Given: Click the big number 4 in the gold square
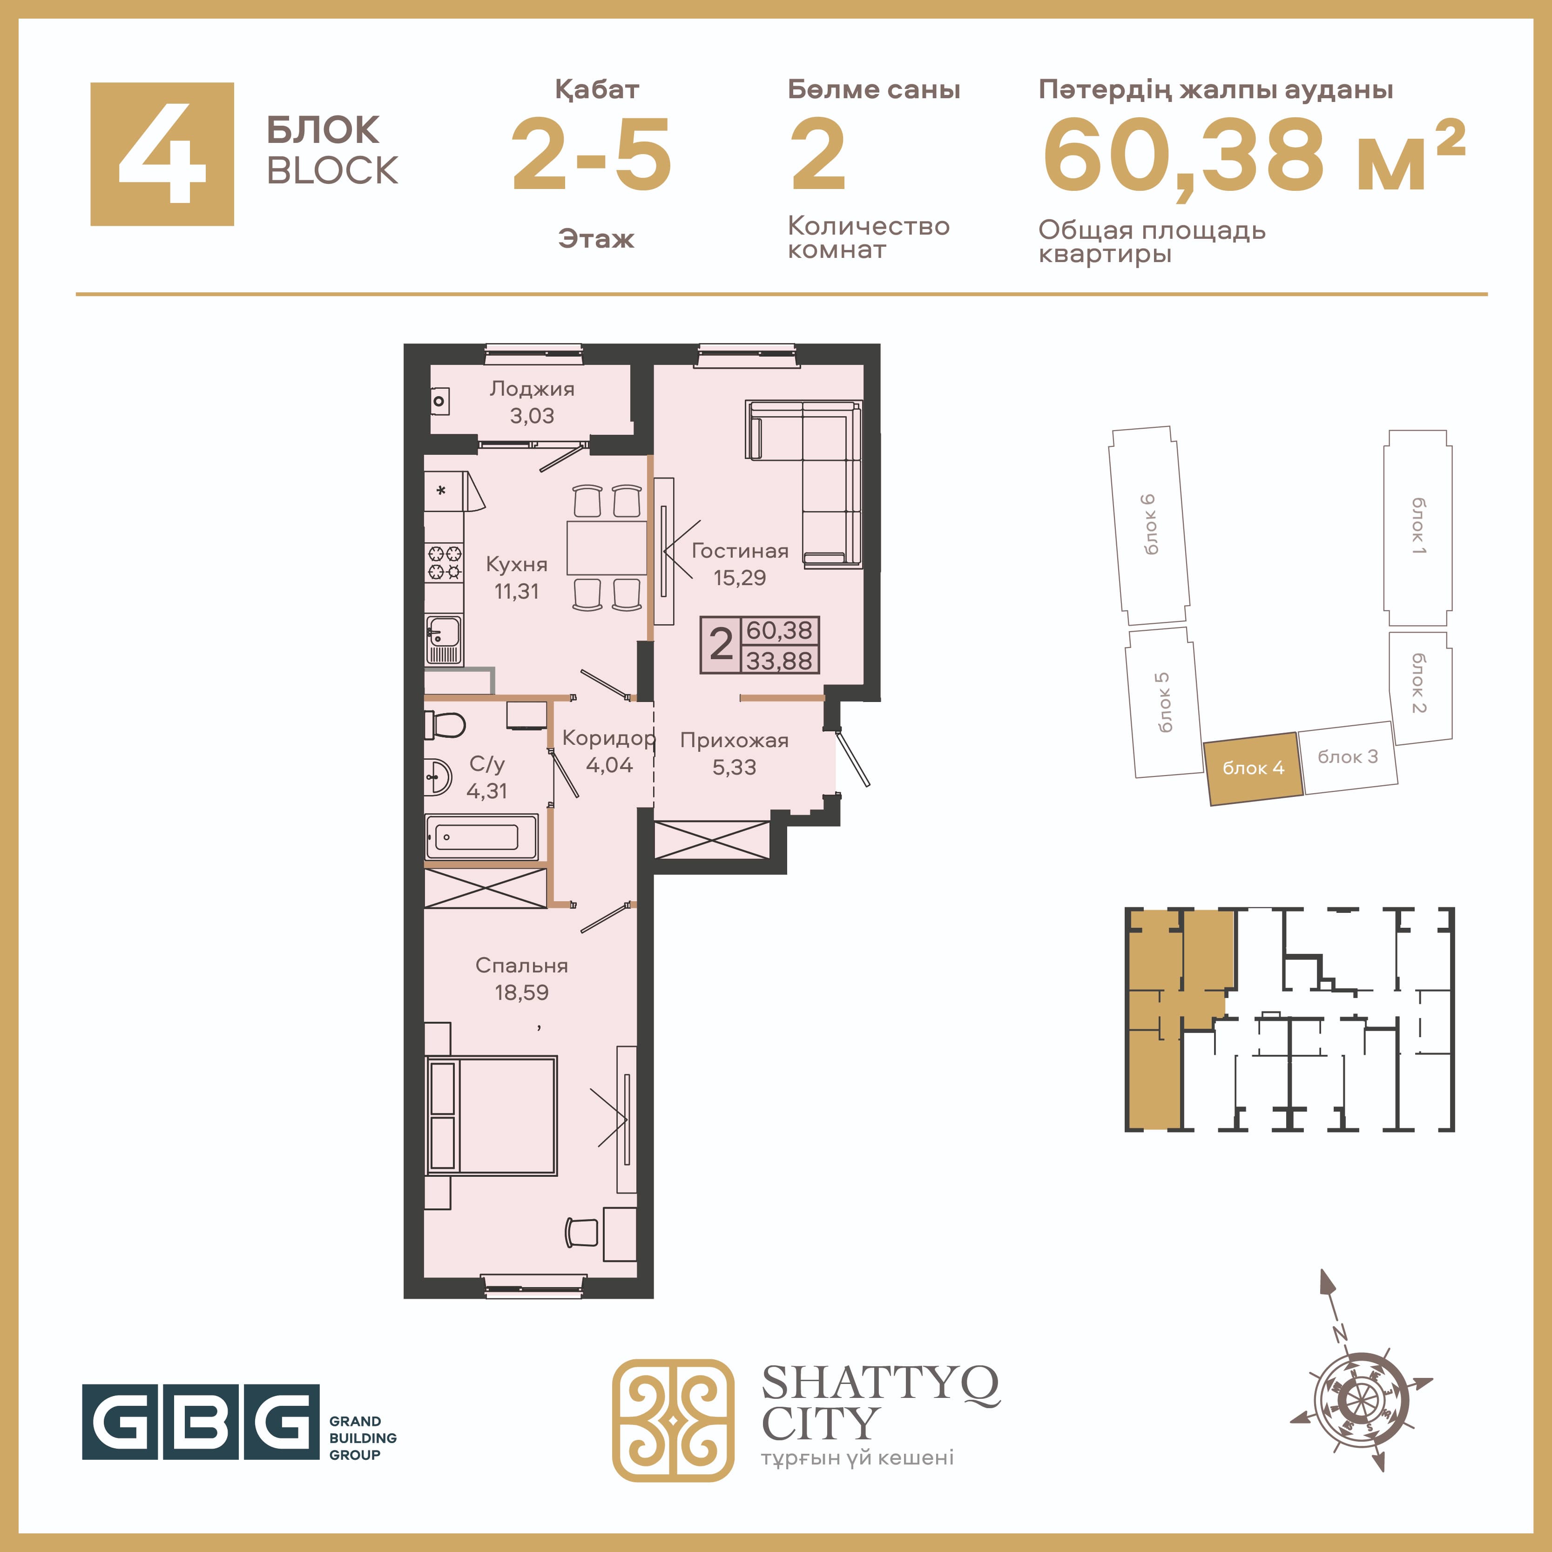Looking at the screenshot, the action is (x=162, y=154).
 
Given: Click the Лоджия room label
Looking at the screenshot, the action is (x=532, y=389).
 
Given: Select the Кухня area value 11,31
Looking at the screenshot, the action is (x=517, y=591).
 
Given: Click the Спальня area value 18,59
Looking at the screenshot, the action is (x=521, y=992).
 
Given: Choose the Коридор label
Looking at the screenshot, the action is (x=609, y=737).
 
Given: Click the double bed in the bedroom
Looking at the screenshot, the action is (x=491, y=1116).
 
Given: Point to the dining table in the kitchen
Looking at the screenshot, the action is (x=607, y=548).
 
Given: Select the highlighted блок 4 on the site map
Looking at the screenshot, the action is (x=1253, y=769).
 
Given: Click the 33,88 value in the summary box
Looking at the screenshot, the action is (x=779, y=661).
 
